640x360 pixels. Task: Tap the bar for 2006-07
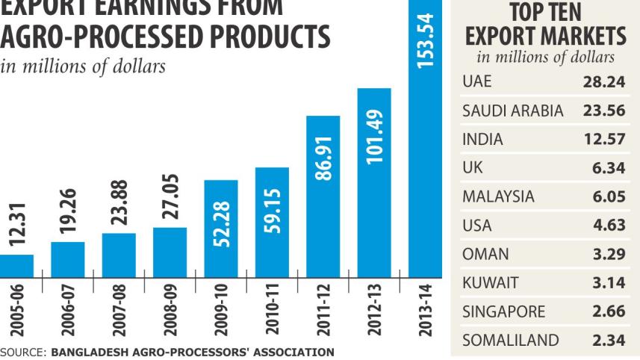pyautogui.click(x=68, y=258)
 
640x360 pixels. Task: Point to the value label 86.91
pyautogui.click(x=323, y=149)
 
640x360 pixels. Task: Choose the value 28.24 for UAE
pyautogui.click(x=608, y=81)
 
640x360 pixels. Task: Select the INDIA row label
pyautogui.click(x=482, y=139)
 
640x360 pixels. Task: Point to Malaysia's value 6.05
pyautogui.click(x=611, y=196)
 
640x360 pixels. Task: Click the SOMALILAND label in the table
pyautogui.click(x=510, y=341)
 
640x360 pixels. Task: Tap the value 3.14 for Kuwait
pyautogui.click(x=611, y=283)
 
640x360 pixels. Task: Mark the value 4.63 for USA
pyautogui.click(x=611, y=226)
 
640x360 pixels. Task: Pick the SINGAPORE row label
pyautogui.click(x=504, y=311)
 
